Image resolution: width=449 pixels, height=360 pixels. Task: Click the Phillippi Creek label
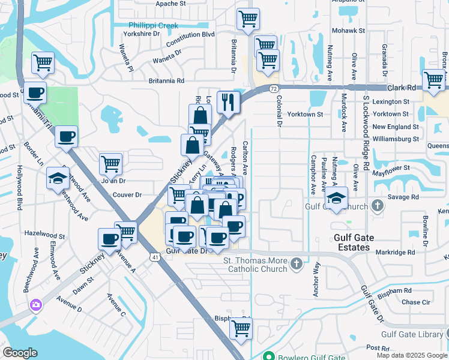click(153, 26)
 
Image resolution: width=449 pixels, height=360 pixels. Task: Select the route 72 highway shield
click(274, 88)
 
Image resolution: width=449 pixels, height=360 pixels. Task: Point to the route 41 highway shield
click(154, 257)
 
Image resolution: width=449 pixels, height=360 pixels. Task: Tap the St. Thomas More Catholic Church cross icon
click(296, 263)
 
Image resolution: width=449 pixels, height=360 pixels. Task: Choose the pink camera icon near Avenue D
click(36, 305)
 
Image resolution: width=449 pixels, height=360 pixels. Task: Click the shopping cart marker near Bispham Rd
click(241, 328)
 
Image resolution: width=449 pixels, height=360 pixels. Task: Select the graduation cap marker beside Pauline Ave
click(337, 199)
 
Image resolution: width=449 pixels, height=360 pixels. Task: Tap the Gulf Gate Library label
click(415, 334)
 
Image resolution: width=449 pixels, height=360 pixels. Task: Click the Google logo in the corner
click(20, 353)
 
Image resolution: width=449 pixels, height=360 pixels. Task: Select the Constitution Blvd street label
click(190, 35)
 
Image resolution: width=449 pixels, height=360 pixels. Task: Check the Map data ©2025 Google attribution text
click(412, 355)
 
